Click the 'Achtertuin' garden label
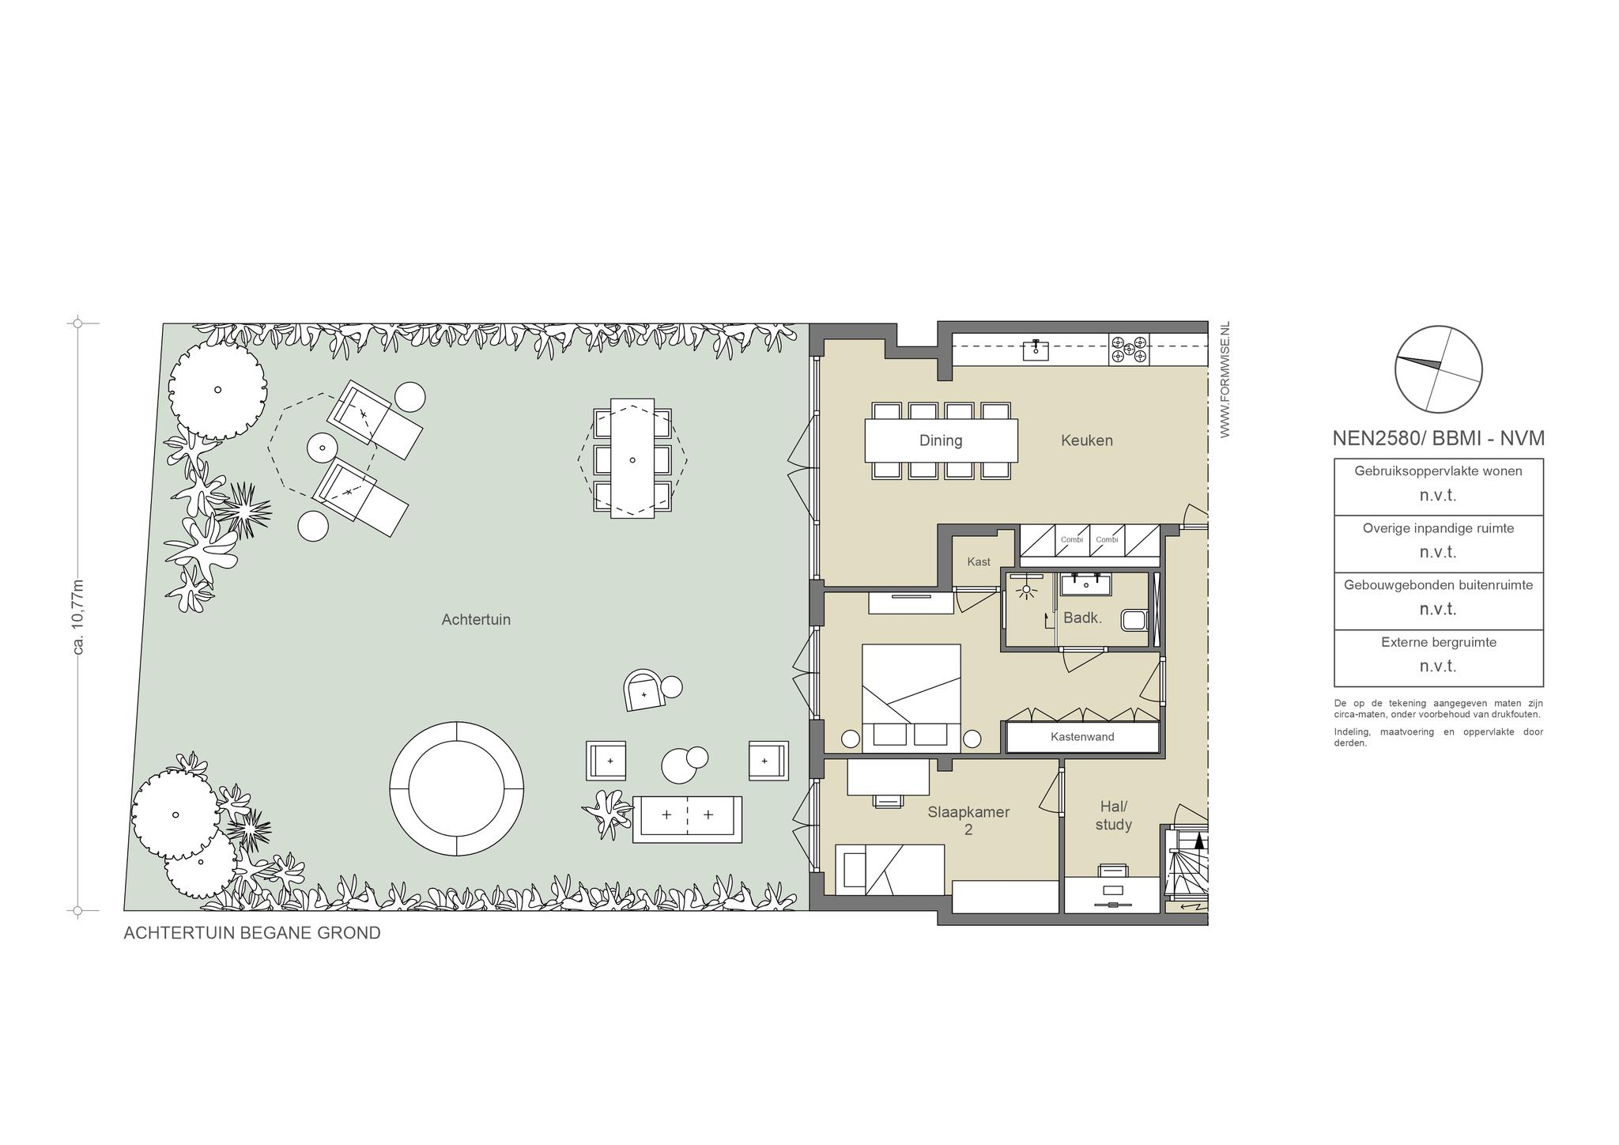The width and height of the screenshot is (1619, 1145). coord(476,619)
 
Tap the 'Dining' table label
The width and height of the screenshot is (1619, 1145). coord(941,440)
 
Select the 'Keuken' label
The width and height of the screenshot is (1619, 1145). coord(1087,440)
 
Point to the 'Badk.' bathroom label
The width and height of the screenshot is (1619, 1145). coord(1082,618)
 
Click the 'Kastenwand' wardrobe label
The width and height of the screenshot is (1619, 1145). coord(1082,737)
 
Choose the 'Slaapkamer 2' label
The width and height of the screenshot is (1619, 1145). coord(968,821)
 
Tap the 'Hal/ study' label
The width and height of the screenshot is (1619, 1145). coord(1114,815)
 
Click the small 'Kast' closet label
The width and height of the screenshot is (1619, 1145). coord(979,561)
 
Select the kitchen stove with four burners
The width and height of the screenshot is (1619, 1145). coord(1129,350)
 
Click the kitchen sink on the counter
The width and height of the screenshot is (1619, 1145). coord(1036,350)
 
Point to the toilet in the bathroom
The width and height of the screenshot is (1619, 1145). coord(1134,618)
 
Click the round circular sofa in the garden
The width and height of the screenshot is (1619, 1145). coord(457,788)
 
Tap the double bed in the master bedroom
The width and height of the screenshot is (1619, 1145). coord(911,697)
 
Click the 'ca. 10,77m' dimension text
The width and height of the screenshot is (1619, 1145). coord(78,617)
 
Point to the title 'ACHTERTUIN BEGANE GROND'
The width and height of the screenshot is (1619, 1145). coord(252,933)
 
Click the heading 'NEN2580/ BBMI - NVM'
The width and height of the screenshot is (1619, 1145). coord(1439,438)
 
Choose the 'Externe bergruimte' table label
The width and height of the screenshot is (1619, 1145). coord(1439,642)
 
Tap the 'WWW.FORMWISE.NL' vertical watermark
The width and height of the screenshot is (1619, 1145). coord(1225,380)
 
